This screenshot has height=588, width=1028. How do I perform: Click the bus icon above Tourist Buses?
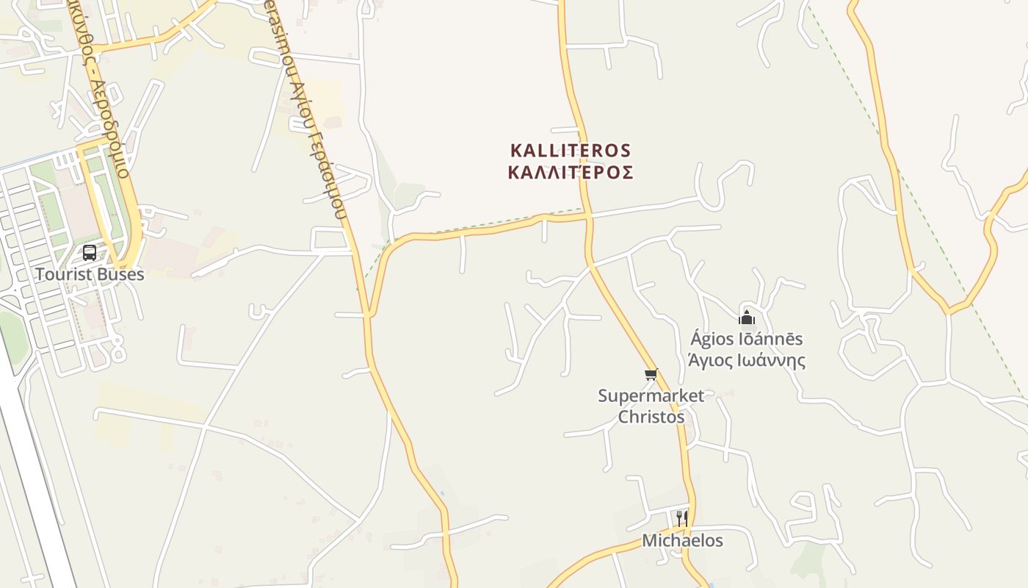click(90, 253)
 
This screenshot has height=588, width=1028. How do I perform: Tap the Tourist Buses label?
click(90, 274)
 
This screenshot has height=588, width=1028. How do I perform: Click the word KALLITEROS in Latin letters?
click(571, 151)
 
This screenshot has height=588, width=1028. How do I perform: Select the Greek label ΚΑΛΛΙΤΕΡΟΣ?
click(571, 173)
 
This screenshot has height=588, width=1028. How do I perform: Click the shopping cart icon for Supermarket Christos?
click(651, 375)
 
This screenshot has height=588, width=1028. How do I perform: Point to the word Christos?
click(651, 417)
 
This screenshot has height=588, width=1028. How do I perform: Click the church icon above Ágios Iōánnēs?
click(747, 318)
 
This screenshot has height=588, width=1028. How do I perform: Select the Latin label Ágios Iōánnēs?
click(746, 339)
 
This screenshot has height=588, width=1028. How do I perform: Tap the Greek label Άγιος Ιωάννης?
click(746, 360)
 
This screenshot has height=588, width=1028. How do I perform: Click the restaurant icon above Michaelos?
click(682, 518)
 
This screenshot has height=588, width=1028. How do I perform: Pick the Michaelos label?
click(682, 540)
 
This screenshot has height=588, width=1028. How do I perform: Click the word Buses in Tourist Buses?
click(120, 274)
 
